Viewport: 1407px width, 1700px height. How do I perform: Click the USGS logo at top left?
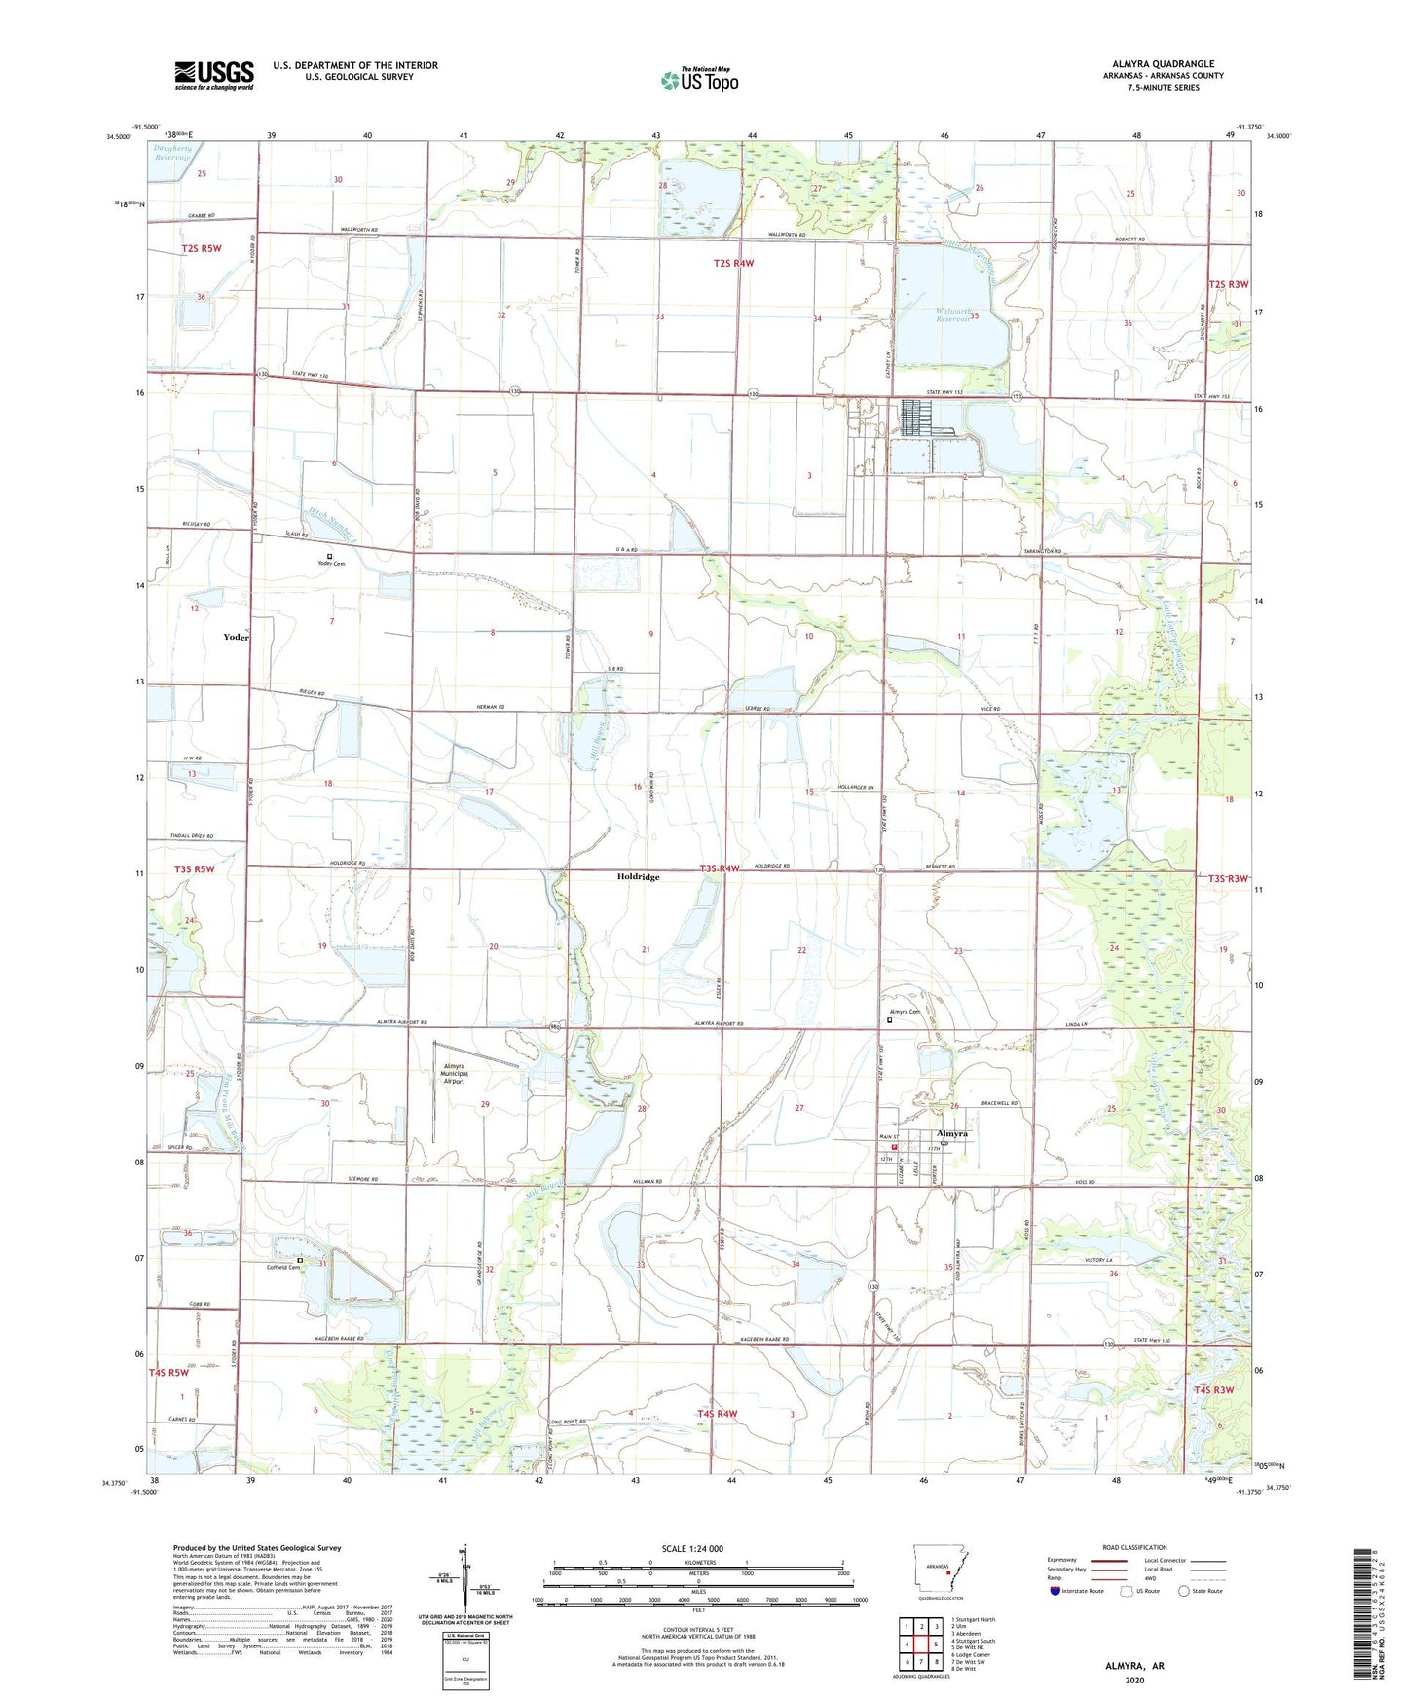coord(214,75)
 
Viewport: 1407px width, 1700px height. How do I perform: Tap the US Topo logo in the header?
coord(699,80)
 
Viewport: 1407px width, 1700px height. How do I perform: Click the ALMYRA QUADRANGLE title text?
coord(1163,64)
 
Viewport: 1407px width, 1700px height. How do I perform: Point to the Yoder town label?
coord(236,637)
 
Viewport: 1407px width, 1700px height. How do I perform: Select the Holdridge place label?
coord(638,877)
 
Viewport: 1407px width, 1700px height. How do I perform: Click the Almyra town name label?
coord(951,1134)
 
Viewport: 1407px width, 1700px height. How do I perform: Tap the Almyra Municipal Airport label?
coord(454,1073)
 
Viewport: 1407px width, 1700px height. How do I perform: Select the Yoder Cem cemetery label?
coord(331,564)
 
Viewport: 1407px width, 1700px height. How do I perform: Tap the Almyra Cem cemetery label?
coord(903,1013)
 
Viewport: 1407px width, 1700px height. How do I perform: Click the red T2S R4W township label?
coord(733,263)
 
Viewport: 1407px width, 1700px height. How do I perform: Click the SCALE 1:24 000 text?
coord(698,1549)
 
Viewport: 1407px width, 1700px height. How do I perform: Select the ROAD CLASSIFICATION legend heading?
coord(1134,1547)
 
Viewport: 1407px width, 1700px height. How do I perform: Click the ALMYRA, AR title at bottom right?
coord(1134,1666)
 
